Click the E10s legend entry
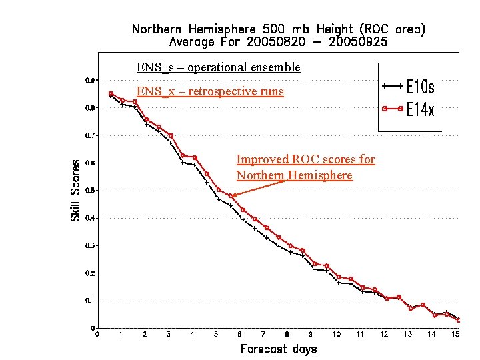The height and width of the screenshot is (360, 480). [x=420, y=87]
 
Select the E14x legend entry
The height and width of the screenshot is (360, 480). [x=420, y=109]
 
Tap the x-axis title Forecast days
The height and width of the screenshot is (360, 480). [x=278, y=349]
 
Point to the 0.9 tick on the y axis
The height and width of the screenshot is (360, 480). [x=89, y=80]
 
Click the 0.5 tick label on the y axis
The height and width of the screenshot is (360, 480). [x=89, y=191]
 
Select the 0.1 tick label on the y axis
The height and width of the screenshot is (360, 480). [x=89, y=301]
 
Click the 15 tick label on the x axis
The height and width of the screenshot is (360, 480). [x=455, y=335]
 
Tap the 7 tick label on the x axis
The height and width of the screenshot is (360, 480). [x=263, y=335]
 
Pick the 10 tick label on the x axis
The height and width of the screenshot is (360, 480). [x=336, y=335]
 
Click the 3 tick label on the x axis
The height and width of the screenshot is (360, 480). [x=168, y=335]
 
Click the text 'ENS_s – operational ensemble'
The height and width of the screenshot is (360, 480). [x=219, y=67]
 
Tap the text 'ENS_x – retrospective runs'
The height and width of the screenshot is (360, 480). [x=210, y=91]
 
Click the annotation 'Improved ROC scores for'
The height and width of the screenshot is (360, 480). [x=305, y=159]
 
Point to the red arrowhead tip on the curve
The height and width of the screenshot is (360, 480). [x=231, y=195]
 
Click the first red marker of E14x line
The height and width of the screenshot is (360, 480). [x=111, y=94]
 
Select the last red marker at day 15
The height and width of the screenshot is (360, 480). [x=458, y=320]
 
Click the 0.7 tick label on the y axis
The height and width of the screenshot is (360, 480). [x=89, y=135]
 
